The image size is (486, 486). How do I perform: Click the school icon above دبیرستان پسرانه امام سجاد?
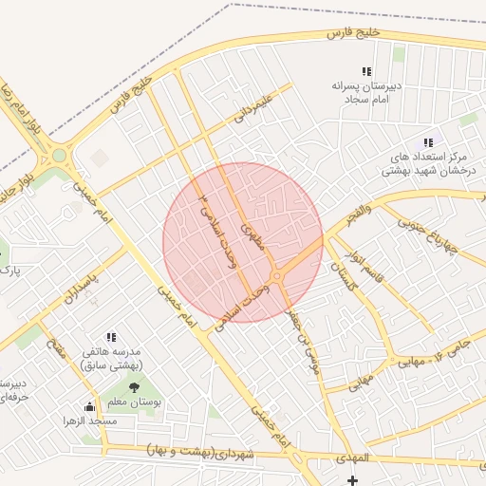(x=366, y=71)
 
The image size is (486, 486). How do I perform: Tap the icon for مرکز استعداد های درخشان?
(x=428, y=142)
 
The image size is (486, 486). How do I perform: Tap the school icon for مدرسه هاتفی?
(x=112, y=337)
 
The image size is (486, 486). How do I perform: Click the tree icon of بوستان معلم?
(x=134, y=387)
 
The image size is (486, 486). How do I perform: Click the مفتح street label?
(x=57, y=356)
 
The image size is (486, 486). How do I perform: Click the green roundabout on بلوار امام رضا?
(x=59, y=155)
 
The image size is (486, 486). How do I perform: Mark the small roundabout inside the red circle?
(x=276, y=276)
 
